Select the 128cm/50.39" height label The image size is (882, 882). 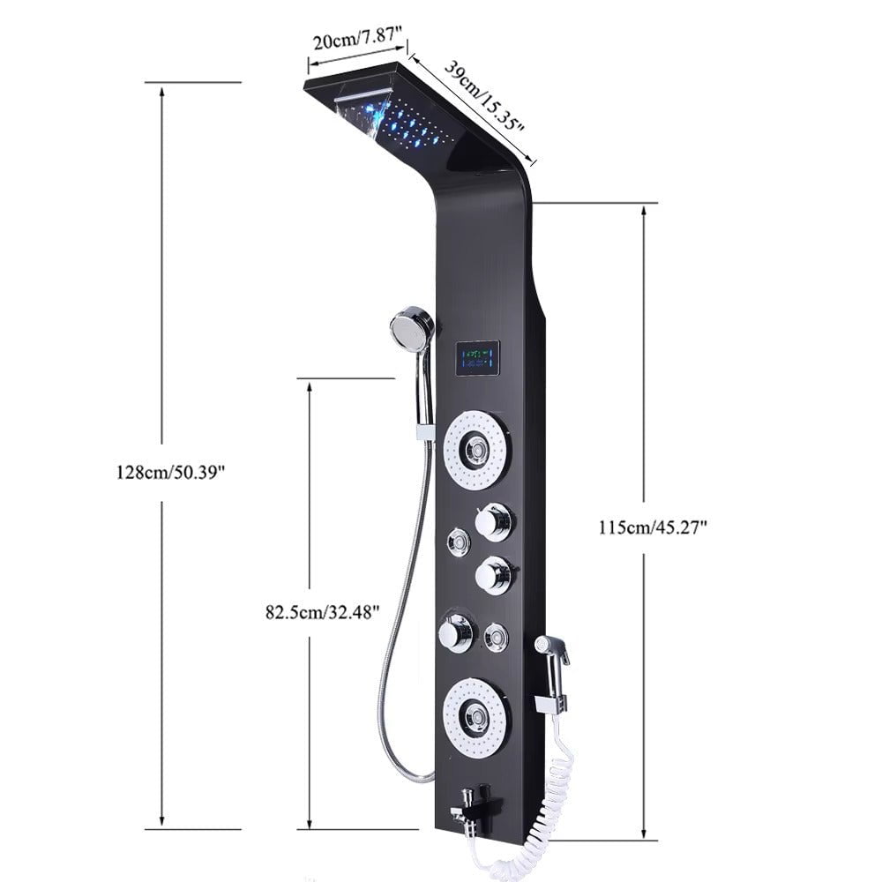(171, 472)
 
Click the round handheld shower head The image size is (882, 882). (412, 327)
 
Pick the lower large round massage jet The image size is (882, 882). (475, 718)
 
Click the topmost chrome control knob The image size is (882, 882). (493, 522)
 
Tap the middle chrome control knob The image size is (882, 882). (492, 575)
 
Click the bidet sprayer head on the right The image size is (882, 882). (554, 651)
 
